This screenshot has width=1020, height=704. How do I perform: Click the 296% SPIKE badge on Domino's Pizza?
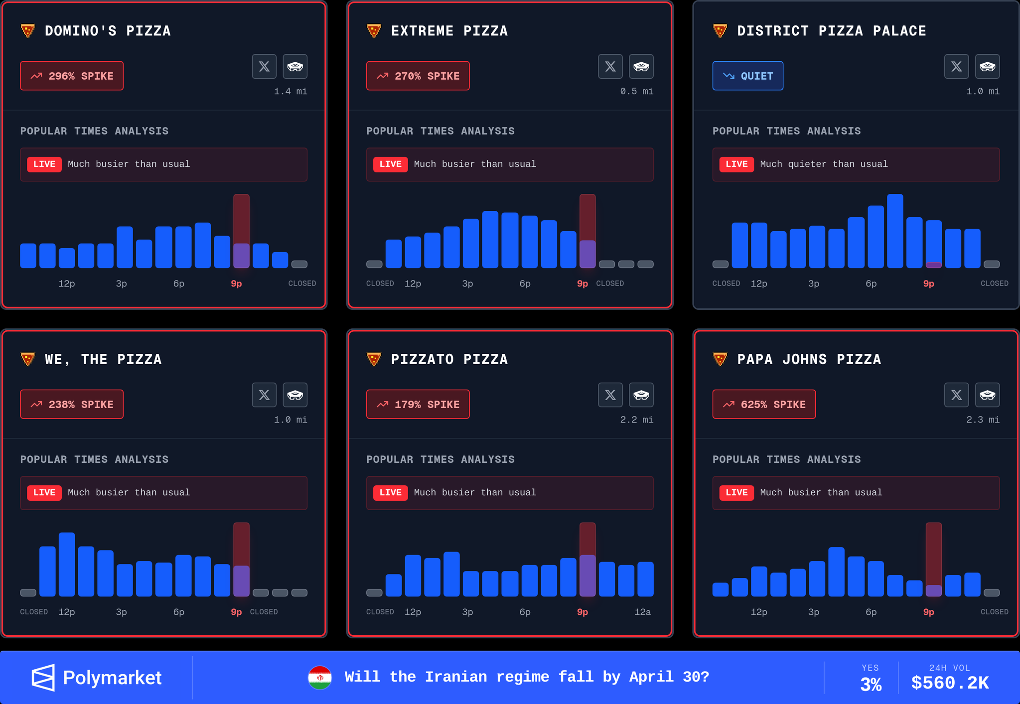72,76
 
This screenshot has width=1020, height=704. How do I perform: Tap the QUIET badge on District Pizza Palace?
747,76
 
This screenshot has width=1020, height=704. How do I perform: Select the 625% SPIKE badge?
764,404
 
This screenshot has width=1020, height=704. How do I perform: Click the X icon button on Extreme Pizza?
610,66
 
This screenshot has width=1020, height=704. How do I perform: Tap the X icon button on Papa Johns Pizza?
956,395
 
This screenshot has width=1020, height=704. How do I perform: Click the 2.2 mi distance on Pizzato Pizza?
636,420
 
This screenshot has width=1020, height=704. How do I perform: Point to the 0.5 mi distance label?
636,91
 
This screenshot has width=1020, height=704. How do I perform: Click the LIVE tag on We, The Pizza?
44,493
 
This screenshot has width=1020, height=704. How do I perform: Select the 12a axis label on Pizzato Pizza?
642,612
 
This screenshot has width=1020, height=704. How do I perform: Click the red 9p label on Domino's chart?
236,283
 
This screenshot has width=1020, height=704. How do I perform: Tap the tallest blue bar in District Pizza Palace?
895,231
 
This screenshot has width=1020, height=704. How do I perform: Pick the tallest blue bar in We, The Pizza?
67,564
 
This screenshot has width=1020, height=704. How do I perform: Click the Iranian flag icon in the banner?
320,678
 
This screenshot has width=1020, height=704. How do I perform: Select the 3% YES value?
871,684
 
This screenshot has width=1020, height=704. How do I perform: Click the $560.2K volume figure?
950,683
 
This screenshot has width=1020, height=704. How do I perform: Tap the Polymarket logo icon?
43,678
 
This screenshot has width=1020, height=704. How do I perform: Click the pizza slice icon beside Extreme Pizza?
374,31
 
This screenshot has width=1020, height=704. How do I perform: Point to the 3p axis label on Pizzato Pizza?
467,612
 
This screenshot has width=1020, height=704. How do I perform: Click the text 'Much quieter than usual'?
824,164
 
